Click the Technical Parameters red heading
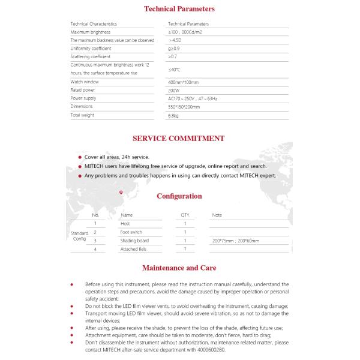[x=179, y=9]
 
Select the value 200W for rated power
[x=174, y=90]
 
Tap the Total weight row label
[x=83, y=115]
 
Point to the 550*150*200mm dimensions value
[x=184, y=107]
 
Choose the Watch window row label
[x=85, y=82]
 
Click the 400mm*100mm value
[x=183, y=82]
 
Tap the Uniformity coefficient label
[x=91, y=48]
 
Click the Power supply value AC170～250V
[x=193, y=98]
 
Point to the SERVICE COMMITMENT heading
[x=178, y=138]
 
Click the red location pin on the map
[x=121, y=192]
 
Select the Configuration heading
[x=179, y=196]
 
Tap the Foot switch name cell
[x=131, y=232]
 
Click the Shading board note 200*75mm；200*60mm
[x=235, y=240]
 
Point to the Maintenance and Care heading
[x=179, y=268]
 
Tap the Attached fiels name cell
[x=133, y=248]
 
